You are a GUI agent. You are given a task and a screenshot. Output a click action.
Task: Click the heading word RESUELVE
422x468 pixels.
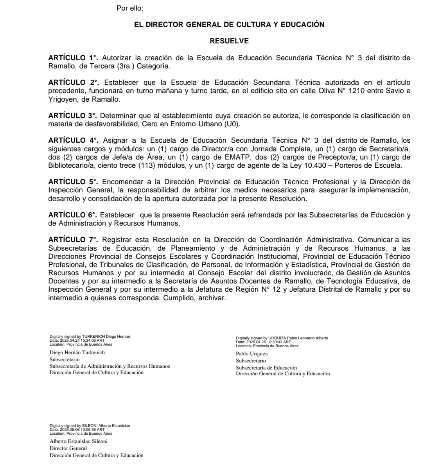click(x=229, y=41)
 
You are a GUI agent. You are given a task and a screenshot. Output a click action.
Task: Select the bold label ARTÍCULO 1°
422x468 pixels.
click(x=72, y=58)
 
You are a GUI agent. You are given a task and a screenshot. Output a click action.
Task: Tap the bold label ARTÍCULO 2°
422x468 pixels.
click(x=73, y=82)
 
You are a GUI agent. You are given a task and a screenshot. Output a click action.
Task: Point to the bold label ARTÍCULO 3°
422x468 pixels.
click(x=72, y=116)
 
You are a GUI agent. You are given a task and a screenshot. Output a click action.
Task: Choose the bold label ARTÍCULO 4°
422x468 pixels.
click(x=73, y=140)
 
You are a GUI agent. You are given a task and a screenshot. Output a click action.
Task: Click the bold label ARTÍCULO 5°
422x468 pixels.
click(x=73, y=182)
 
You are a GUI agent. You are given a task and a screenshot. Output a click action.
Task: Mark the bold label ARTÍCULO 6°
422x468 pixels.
click(x=72, y=215)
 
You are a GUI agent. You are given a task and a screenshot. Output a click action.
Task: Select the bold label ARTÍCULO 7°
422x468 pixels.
click(x=73, y=240)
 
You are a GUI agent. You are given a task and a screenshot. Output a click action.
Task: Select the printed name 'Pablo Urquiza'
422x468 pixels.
click(x=252, y=354)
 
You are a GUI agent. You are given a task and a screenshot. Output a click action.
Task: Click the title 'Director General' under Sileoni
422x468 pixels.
click(x=68, y=448)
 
